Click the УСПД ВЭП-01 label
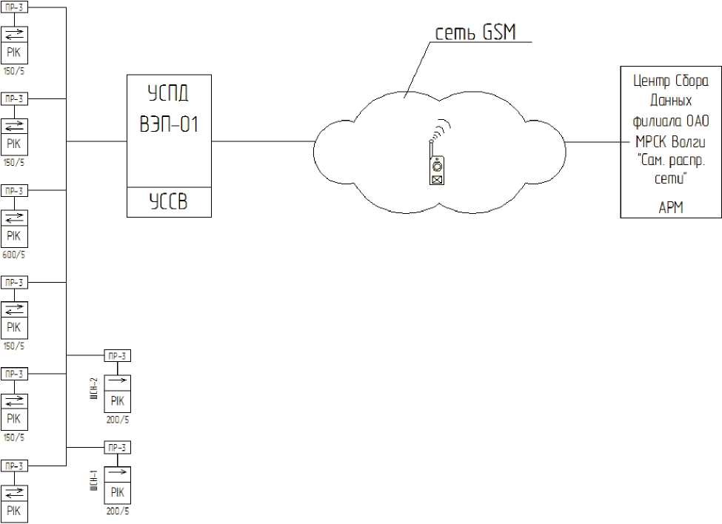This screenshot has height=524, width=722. [x=168, y=109]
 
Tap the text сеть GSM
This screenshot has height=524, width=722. [x=474, y=32]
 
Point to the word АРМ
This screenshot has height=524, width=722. [x=671, y=208]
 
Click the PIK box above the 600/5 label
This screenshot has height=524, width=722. [x=15, y=236]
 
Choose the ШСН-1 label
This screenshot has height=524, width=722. [x=93, y=480]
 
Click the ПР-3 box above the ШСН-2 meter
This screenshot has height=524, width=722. [x=117, y=356]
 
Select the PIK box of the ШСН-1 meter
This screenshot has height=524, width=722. [x=117, y=493]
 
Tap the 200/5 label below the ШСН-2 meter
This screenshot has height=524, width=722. [x=117, y=418]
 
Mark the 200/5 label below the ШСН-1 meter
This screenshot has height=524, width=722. [x=117, y=511]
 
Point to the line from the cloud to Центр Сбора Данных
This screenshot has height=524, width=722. [x=592, y=141]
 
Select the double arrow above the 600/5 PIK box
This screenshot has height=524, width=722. [x=15, y=218]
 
